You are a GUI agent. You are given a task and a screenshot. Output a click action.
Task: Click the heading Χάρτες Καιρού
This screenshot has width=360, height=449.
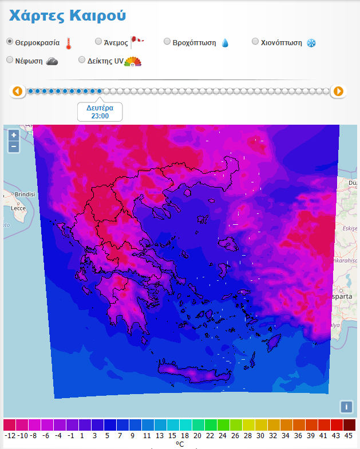67,16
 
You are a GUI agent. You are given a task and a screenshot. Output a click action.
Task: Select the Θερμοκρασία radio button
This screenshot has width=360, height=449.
10,42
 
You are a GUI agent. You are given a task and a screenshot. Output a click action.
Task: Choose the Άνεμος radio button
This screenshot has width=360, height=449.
98,42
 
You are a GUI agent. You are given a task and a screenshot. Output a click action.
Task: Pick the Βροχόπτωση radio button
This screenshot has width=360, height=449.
167,42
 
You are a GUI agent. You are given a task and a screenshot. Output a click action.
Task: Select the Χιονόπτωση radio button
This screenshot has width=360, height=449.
256,42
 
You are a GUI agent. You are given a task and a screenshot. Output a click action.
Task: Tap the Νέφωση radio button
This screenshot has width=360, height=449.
10,60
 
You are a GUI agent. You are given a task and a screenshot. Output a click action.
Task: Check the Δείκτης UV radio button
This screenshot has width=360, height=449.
82,60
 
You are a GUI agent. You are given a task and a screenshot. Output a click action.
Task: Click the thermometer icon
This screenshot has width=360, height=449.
69,43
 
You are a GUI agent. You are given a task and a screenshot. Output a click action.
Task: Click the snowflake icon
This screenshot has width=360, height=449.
311,43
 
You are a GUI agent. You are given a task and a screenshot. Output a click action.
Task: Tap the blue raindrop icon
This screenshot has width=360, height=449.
225,43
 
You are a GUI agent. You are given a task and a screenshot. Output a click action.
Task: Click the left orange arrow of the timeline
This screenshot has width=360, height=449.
18,91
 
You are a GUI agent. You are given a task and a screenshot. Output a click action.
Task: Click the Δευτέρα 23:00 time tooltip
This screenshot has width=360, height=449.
100,112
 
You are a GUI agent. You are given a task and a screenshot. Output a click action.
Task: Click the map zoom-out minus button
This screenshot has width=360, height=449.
14,147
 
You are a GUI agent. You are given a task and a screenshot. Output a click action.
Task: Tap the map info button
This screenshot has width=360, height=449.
346,407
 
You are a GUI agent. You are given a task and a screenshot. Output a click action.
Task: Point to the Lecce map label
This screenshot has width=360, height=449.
19,208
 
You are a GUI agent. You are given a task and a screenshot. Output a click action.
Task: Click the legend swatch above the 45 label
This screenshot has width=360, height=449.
349,425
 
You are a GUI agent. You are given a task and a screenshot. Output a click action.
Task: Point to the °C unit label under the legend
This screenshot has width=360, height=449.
180,444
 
